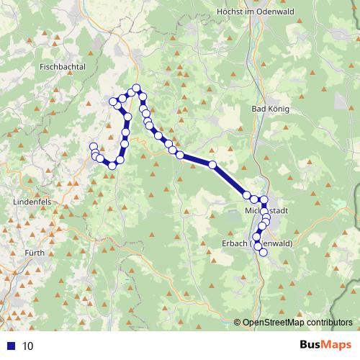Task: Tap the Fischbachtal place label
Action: coord(63,66)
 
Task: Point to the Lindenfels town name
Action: coord(32,203)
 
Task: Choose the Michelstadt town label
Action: coord(267,211)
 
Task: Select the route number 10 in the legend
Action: coord(27,346)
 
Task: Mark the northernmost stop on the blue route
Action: coord(136,89)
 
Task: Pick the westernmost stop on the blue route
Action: coord(93,148)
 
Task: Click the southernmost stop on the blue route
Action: coord(264,252)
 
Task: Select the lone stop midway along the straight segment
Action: coord(212,166)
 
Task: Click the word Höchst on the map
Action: coord(231,12)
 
